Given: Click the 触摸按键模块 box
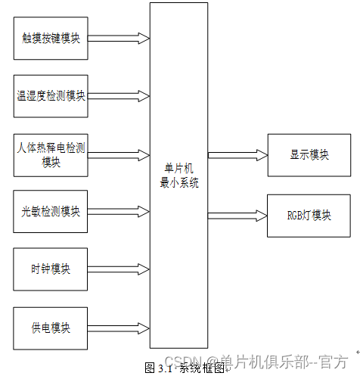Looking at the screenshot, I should [51, 36].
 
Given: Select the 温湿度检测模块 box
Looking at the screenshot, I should [51, 95].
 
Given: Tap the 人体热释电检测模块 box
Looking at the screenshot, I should [51, 155].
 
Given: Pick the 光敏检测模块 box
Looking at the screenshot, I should [51, 211].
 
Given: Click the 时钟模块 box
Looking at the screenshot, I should [51, 269].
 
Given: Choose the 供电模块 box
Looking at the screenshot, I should [51, 328].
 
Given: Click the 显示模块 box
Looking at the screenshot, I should [309, 155].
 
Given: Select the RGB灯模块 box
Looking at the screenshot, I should [309, 215].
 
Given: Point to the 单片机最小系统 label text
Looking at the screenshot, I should [178, 176].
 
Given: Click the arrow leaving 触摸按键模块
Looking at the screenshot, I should [119, 36].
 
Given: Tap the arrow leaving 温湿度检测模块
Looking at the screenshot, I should [119, 95].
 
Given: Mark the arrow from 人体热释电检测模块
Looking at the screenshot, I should [119, 155].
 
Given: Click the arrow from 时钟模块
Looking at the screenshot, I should [119, 269].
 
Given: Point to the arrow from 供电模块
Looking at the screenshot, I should [119, 328].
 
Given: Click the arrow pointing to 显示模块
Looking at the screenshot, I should [237, 155].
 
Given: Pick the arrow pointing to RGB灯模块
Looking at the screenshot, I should [237, 215].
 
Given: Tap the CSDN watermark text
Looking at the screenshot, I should [257, 361].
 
